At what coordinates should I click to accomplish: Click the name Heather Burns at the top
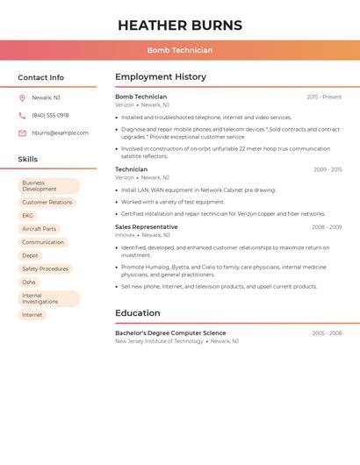coord(180,25)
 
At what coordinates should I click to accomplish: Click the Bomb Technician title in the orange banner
coord(180,50)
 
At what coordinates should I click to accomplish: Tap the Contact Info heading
coord(41,77)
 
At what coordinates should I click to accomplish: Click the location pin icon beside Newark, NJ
coord(22,97)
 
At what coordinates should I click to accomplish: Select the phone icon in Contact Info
coord(22,115)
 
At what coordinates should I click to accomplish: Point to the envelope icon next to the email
coord(22,133)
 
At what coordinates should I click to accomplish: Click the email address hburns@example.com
coord(60,133)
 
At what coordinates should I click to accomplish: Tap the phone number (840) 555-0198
coord(50,115)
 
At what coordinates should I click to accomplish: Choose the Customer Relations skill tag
coord(47,202)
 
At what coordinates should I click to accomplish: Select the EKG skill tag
coord(28,216)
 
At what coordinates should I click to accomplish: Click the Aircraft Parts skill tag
coord(39,229)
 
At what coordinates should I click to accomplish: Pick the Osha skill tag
coord(29,283)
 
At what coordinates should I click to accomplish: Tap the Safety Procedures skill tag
coord(45,269)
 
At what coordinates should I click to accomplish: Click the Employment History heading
coord(161,77)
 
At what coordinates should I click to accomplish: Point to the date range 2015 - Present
coord(324,97)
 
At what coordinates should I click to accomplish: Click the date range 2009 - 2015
coord(328,169)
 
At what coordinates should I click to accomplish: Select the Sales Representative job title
coord(146,227)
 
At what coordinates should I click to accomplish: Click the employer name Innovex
coord(126,235)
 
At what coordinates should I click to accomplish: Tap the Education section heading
coord(138,313)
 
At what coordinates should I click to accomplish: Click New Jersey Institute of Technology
coord(159,341)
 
